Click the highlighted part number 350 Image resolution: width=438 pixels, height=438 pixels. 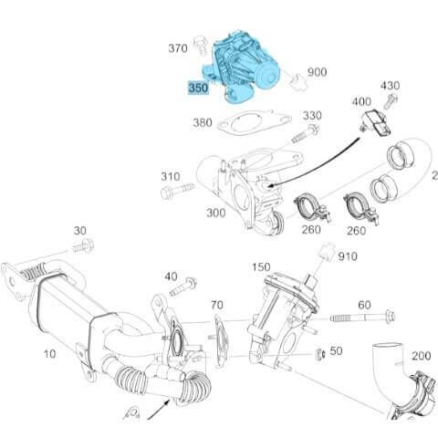click(198, 89)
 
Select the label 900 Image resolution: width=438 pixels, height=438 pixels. click(317, 72)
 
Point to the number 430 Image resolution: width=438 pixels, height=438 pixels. click(390, 86)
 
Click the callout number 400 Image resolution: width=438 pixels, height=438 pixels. click(361, 101)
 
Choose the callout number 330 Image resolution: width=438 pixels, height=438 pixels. click(313, 116)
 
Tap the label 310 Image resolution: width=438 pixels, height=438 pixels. click(171, 176)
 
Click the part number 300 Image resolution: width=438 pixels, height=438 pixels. click(215, 213)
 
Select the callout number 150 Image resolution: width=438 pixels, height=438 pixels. click(262, 266)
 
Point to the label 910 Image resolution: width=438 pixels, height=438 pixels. click(348, 257)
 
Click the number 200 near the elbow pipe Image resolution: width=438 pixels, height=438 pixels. click(421, 355)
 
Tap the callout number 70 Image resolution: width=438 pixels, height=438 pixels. click(216, 304)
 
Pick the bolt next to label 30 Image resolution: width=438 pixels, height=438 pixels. click(84, 246)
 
